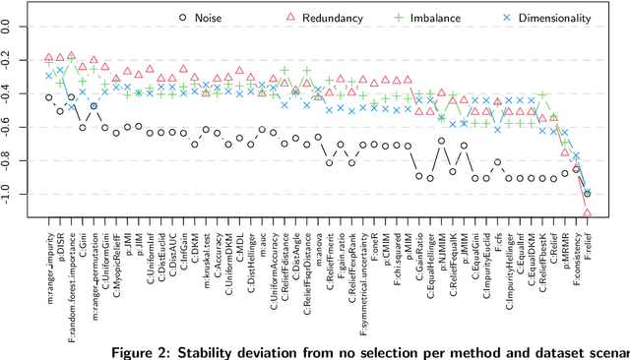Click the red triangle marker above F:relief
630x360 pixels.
pyautogui.click(x=588, y=212)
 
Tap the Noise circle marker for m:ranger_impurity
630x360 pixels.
pyautogui.click(x=49, y=97)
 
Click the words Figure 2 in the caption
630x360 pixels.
pyautogui.click(x=146, y=351)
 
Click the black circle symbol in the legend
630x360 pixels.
pyautogui.click(x=184, y=17)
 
